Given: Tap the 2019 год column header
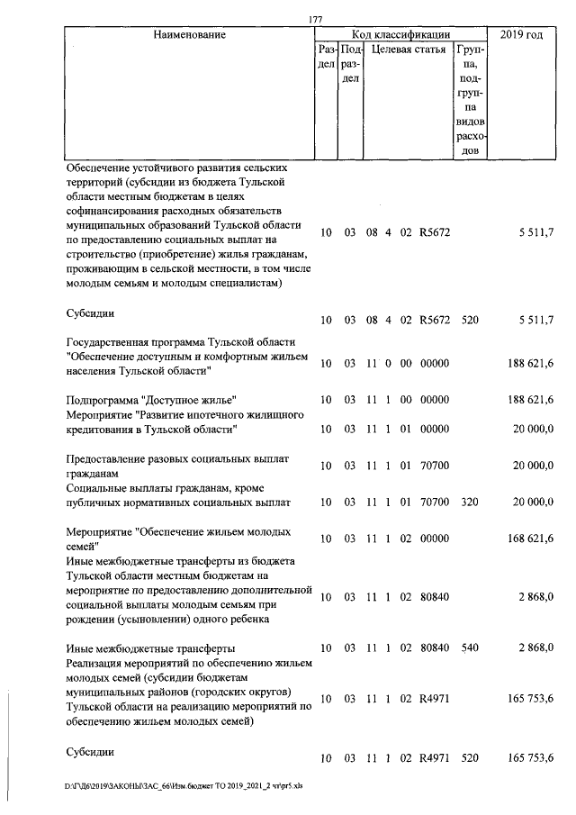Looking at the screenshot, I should click(526, 35).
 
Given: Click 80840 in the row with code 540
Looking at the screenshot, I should click(434, 648).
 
